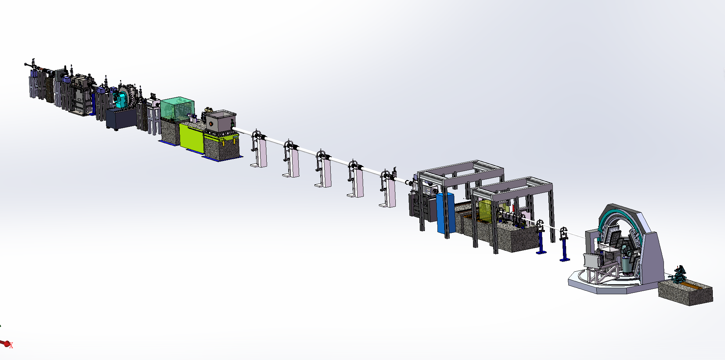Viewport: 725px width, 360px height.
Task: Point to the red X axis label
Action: click(x=11, y=346)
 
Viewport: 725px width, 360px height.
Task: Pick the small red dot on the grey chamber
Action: click(x=211, y=124)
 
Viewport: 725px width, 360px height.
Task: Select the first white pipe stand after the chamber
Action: click(x=258, y=149)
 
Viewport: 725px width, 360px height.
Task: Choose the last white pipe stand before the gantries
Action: click(x=387, y=189)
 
